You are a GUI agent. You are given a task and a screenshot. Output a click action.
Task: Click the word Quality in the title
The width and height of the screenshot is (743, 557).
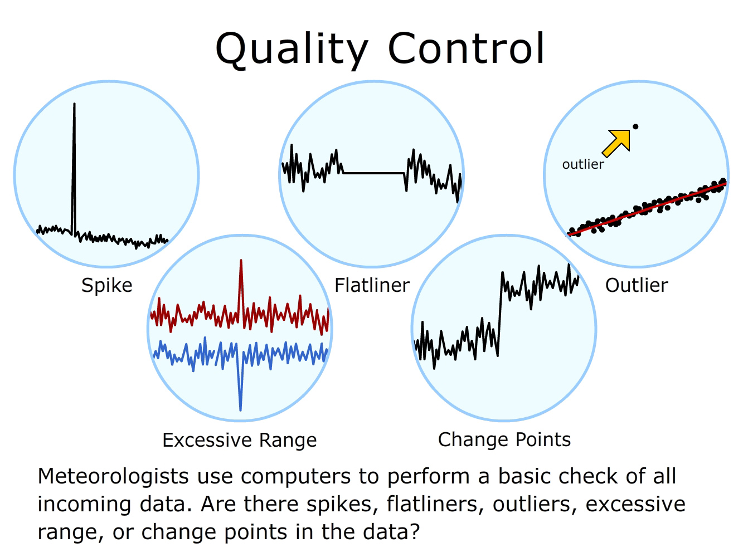(x=292, y=50)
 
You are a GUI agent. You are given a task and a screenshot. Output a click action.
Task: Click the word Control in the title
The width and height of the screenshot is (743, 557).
(x=466, y=48)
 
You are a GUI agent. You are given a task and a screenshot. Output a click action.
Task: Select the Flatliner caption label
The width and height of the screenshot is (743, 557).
(x=372, y=285)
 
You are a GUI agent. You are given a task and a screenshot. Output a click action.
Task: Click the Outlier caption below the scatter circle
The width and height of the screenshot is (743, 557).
(x=637, y=285)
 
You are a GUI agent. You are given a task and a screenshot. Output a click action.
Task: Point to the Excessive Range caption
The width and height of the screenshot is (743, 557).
(x=239, y=441)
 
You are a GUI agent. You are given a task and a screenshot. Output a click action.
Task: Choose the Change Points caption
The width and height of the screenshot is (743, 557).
(x=504, y=440)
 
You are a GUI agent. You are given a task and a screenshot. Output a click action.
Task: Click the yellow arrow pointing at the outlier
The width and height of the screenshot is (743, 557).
(x=616, y=143)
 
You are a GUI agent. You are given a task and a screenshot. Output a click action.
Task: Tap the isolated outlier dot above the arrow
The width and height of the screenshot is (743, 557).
(x=635, y=126)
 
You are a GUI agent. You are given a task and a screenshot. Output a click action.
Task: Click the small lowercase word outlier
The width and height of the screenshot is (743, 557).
(x=583, y=165)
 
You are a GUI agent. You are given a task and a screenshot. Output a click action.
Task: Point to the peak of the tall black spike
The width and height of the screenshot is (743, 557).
(x=74, y=104)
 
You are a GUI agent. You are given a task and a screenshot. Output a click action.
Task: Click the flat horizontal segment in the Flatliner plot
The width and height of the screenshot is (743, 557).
(x=373, y=173)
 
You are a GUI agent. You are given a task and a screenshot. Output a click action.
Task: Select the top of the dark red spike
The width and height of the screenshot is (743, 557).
(x=241, y=260)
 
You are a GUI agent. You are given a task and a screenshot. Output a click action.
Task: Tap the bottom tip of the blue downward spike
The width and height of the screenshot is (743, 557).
(x=240, y=410)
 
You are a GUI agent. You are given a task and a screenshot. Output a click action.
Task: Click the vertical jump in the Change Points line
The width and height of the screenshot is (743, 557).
(x=500, y=314)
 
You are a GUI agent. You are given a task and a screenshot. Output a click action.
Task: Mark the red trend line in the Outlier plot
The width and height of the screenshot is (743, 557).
(x=648, y=209)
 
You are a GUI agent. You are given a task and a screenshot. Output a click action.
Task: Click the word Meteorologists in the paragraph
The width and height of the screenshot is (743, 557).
(x=113, y=476)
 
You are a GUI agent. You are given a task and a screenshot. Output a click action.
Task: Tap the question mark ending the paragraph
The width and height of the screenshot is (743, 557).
(x=414, y=531)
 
